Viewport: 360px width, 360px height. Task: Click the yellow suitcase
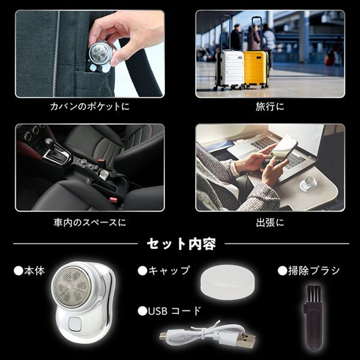(x=256, y=69)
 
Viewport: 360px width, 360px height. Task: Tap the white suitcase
(x=230, y=70)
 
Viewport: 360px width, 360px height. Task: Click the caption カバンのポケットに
(x=90, y=107)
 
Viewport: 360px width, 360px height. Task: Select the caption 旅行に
(x=270, y=107)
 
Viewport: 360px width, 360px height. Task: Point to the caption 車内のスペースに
(x=90, y=222)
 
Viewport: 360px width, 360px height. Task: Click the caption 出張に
(x=270, y=222)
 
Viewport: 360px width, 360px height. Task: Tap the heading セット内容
(x=181, y=244)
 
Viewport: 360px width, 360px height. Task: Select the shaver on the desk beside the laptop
(x=308, y=184)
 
